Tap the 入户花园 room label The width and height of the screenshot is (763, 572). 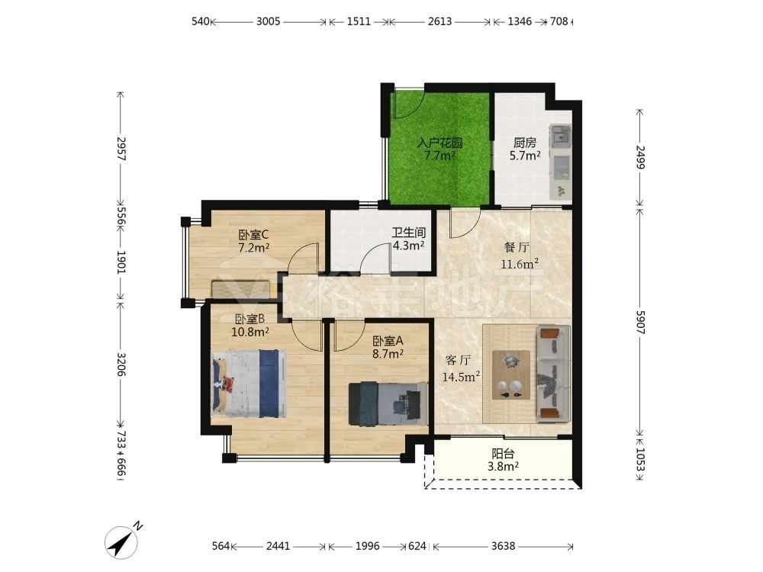440,143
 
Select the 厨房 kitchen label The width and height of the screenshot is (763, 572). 525,143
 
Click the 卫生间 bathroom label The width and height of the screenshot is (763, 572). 409,233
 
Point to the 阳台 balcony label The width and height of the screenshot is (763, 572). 503,454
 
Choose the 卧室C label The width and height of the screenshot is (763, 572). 253,235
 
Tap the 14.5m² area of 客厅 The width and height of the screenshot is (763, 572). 462,377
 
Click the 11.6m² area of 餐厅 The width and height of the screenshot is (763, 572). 520,264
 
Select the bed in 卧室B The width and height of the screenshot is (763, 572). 250,384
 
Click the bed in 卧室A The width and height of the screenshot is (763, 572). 388,403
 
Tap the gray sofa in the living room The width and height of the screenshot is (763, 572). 553,374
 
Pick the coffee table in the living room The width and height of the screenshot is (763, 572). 511,374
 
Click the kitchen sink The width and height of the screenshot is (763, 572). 560,137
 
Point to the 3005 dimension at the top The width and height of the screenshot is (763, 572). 268,21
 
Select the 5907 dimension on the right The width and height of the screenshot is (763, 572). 640,322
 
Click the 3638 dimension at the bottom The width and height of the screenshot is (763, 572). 503,546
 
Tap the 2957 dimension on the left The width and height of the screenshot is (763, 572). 121,149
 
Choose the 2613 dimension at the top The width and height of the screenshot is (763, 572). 440,21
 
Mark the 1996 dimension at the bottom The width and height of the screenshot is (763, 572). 368,546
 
